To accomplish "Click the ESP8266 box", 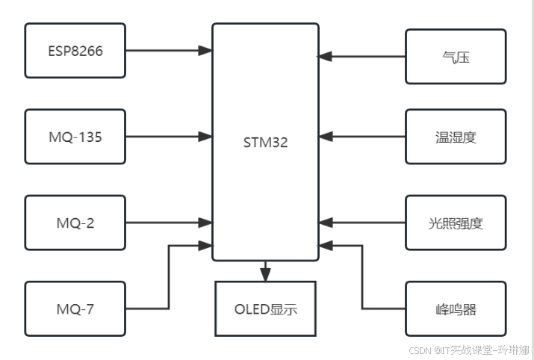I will point(75,51).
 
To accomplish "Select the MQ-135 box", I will point(75,137).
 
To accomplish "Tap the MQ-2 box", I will point(75,222).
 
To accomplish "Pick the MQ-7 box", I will point(75,308).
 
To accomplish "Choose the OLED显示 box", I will point(265,308).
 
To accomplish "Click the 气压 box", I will point(456,56).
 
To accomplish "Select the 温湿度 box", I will point(456,137).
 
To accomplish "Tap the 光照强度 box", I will point(456,222).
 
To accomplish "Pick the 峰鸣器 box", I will point(456,308).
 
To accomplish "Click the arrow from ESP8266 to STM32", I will point(168,51).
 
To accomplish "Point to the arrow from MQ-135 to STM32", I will point(168,137).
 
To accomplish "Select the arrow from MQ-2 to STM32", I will point(168,222).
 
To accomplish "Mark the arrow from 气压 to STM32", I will point(362,56).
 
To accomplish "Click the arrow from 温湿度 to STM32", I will point(362,137).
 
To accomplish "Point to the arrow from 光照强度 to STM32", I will point(362,222).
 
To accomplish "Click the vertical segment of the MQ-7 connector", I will point(169,276).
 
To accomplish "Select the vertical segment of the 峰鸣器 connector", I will point(362,276).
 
